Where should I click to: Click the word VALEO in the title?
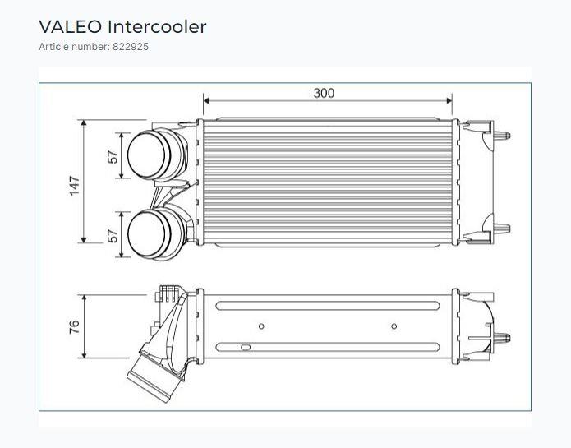[x=70, y=27]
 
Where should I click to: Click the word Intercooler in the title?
[x=157, y=27]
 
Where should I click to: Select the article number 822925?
[x=131, y=47]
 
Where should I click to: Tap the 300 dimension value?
[x=324, y=93]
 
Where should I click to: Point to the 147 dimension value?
[x=74, y=186]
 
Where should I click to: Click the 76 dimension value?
[x=74, y=326]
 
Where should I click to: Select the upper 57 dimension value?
[x=113, y=157]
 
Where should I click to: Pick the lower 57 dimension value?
[x=113, y=236]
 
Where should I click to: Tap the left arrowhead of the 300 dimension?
[x=206, y=100]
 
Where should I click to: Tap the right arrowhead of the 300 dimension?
[x=449, y=100]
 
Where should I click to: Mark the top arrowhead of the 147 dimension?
[x=84, y=122]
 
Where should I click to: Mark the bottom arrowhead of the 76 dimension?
[x=84, y=355]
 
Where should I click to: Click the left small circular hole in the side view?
[x=261, y=326]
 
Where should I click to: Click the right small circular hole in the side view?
[x=394, y=326]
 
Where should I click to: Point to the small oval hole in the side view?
[x=246, y=347]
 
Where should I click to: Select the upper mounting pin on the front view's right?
[x=502, y=136]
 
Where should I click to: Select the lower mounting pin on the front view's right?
[x=502, y=229]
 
